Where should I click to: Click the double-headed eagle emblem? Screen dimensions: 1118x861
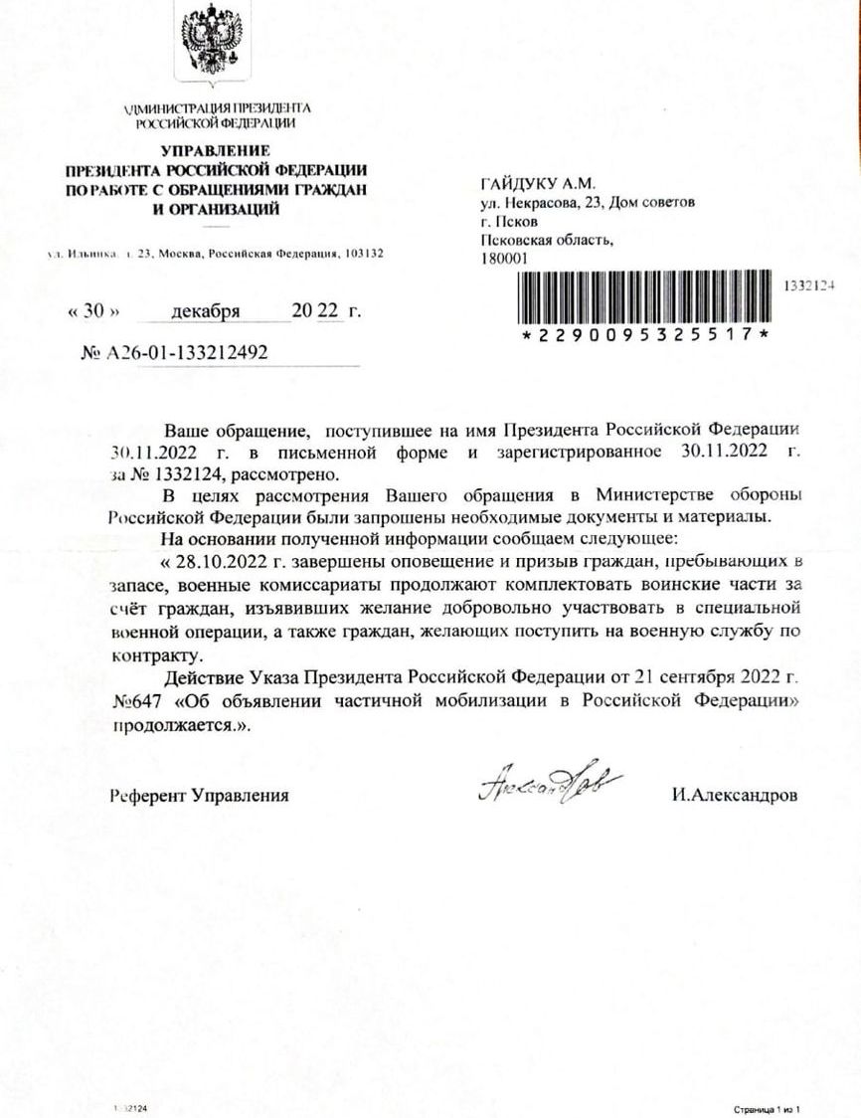(x=212, y=44)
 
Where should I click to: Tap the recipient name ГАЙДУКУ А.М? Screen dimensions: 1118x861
(x=536, y=184)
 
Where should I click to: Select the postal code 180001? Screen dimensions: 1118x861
(x=503, y=257)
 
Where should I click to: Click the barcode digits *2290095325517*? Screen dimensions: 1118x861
(x=646, y=335)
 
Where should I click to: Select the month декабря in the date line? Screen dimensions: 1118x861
(x=206, y=310)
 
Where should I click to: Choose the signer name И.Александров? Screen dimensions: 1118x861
(x=734, y=795)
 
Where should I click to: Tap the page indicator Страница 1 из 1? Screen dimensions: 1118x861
(x=768, y=1107)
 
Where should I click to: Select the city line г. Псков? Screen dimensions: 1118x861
(x=509, y=221)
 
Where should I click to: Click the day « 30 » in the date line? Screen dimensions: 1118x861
(x=92, y=310)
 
